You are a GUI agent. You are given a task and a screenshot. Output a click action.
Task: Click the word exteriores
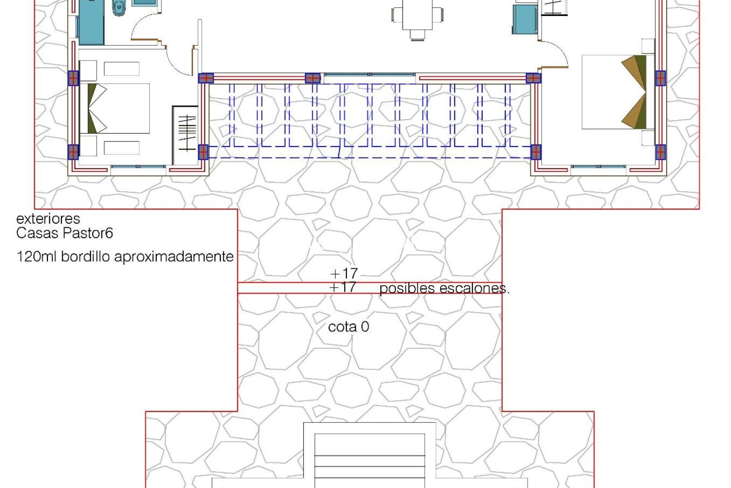[48, 218]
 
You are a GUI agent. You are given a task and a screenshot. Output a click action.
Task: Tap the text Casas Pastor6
[64, 233]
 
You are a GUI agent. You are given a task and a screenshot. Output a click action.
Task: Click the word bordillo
[86, 256]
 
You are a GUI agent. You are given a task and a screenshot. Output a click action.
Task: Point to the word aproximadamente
[174, 257]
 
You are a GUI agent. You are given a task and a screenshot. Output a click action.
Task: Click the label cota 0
[348, 327]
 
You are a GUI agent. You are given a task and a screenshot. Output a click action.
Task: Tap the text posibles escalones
[444, 289]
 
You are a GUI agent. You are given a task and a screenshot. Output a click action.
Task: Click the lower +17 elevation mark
[343, 287]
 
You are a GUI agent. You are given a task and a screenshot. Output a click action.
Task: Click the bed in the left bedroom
[114, 108]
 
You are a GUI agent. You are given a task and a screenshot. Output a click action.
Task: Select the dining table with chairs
[417, 17]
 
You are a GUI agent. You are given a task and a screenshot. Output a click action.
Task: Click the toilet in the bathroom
[119, 8]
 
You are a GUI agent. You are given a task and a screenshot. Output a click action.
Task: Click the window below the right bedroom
[599, 167]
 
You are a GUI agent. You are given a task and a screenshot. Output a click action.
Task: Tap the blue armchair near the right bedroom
[525, 19]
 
